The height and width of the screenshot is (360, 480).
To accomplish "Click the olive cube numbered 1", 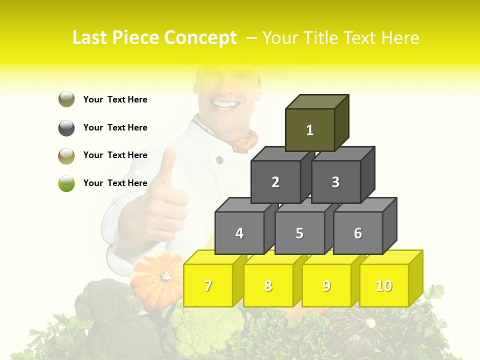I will click(x=310, y=130).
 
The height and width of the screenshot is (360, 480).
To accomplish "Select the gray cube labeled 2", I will click(x=275, y=182).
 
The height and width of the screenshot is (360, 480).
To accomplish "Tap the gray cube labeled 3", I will click(x=335, y=182).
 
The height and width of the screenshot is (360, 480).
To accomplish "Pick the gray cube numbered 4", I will click(x=239, y=233).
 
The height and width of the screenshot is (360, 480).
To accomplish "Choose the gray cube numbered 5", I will click(x=299, y=233).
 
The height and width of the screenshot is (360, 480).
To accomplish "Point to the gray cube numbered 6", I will click(x=358, y=233).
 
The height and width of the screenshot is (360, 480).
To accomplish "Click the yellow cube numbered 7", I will click(x=208, y=285).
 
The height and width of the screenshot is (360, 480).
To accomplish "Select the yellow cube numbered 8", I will click(x=268, y=285).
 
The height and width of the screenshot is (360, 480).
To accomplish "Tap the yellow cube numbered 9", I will click(x=326, y=285).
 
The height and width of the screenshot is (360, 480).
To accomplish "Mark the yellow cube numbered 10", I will click(x=384, y=285).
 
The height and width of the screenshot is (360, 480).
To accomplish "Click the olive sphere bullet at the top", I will click(x=66, y=99).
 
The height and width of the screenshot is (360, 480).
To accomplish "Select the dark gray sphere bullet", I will click(x=66, y=127).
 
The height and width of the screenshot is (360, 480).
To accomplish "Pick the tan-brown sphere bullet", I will click(x=66, y=155).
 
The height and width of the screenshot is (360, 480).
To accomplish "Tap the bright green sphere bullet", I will click(x=66, y=183).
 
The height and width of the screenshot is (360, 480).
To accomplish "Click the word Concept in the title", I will click(x=200, y=38).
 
